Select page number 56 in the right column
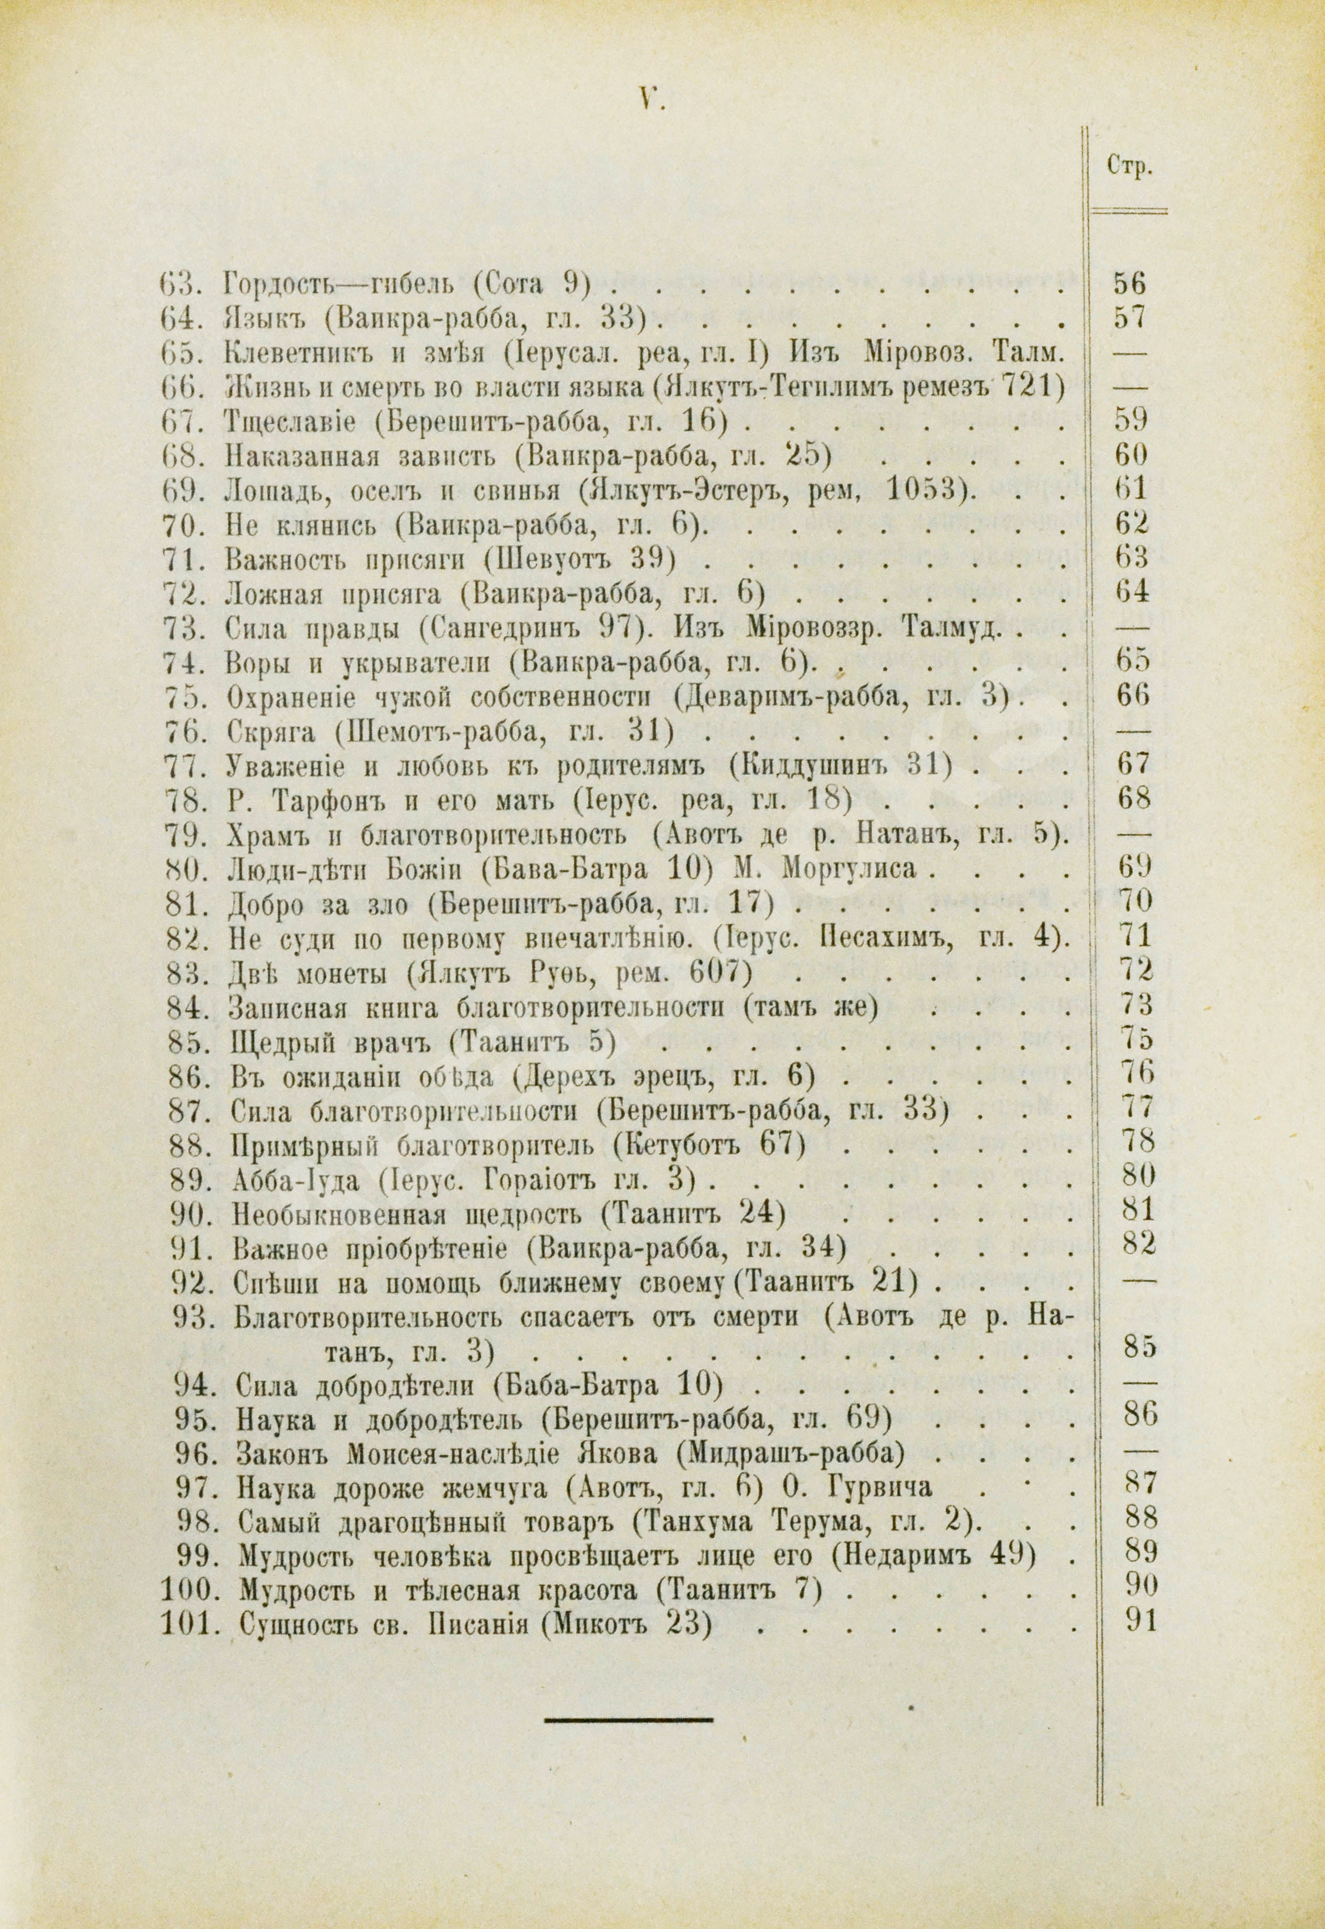click(x=1129, y=285)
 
